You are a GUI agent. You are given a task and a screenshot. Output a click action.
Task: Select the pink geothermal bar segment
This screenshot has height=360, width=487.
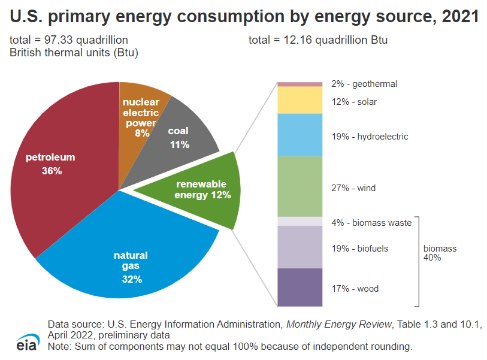pyautogui.click(x=300, y=84)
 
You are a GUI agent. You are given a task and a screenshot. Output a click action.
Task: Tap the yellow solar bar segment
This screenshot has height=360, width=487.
pyautogui.click(x=300, y=100)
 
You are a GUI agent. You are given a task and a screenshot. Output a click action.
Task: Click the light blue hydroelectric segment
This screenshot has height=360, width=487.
pyautogui.click(x=300, y=135)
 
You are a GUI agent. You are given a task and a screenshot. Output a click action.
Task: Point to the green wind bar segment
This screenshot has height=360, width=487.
pyautogui.click(x=300, y=186)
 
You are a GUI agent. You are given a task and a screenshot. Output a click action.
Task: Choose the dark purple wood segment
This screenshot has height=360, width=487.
pyautogui.click(x=300, y=287)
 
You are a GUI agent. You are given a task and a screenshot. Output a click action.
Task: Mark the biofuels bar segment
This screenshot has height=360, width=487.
pyautogui.click(x=300, y=247)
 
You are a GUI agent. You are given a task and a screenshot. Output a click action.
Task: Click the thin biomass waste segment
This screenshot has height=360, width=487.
pyautogui.click(x=300, y=222)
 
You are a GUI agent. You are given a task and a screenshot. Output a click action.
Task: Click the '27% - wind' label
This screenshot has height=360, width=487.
pyautogui.click(x=353, y=188)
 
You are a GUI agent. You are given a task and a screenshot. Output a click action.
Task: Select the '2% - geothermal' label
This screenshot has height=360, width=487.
pyautogui.click(x=364, y=84)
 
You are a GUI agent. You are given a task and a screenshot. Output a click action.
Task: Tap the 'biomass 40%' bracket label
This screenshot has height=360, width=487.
pyautogui.click(x=440, y=253)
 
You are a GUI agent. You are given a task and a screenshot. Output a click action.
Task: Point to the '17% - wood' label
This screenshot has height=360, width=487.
pyautogui.click(x=355, y=289)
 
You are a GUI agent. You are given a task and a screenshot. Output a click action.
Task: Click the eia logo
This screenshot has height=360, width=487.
pyautogui.click(x=28, y=342)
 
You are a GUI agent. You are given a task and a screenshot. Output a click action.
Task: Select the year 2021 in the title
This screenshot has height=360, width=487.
pyautogui.click(x=460, y=17)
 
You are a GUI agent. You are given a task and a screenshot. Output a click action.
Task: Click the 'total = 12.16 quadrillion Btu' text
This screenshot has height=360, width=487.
pyautogui.click(x=318, y=40)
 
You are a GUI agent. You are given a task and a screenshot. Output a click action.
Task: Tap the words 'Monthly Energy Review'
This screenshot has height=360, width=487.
pyautogui.click(x=338, y=324)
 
